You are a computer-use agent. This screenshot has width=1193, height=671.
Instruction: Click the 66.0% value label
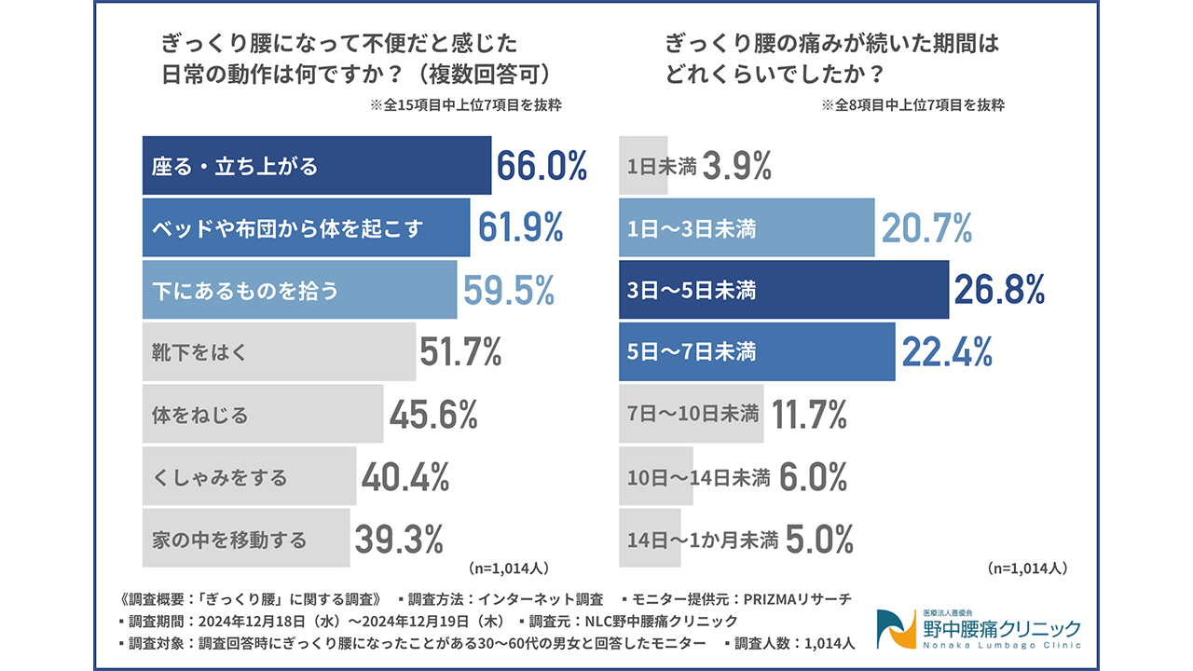(x=542, y=166)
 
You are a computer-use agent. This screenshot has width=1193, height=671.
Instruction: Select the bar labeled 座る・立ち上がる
(x=316, y=166)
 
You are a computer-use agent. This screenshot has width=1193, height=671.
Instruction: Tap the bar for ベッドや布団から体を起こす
(x=306, y=227)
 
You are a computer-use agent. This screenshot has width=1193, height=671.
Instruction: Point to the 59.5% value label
(x=509, y=290)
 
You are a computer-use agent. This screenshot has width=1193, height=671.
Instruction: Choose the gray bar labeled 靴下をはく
(x=279, y=352)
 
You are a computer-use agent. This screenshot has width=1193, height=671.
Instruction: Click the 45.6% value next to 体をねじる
(x=433, y=414)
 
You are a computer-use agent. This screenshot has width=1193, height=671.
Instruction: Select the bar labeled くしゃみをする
(x=249, y=477)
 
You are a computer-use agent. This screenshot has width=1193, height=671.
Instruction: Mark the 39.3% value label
(x=399, y=539)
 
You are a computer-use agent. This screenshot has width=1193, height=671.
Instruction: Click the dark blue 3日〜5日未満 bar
(x=783, y=290)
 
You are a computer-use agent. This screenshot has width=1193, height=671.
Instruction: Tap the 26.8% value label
(x=999, y=290)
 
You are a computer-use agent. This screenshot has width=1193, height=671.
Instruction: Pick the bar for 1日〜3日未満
(x=747, y=227)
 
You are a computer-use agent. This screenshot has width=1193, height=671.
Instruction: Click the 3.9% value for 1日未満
(x=737, y=166)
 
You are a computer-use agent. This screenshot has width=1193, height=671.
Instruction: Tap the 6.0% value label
(x=813, y=477)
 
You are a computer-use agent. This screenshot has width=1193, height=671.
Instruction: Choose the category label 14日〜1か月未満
(x=703, y=539)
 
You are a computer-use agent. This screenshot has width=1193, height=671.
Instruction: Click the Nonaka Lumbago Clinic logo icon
(x=896, y=629)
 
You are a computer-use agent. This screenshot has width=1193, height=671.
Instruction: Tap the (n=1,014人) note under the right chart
(x=1026, y=567)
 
